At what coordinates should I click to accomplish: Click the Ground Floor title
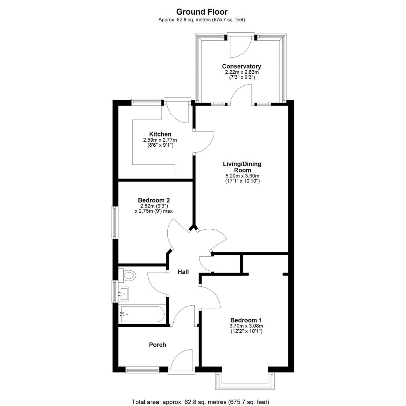[202, 12]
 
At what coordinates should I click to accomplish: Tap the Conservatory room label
[242, 66]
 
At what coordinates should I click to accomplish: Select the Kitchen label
[160, 134]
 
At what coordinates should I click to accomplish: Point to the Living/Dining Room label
[242, 167]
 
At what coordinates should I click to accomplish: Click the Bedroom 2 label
[154, 200]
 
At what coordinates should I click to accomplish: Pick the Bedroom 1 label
[246, 320]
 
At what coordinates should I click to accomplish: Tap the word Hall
[183, 272]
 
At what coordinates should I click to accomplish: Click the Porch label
[158, 345]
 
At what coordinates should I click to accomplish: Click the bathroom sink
[124, 294]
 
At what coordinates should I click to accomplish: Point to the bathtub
[141, 314]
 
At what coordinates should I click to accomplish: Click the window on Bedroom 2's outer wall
[115, 223]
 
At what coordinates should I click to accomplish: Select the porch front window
[142, 370]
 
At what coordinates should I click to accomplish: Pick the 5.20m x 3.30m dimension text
[242, 176]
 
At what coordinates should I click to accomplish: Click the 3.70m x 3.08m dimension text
[246, 326]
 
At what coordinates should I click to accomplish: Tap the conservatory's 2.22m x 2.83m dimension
[242, 72]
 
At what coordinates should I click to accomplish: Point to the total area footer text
[200, 402]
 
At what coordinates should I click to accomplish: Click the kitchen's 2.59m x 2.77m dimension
[160, 140]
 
